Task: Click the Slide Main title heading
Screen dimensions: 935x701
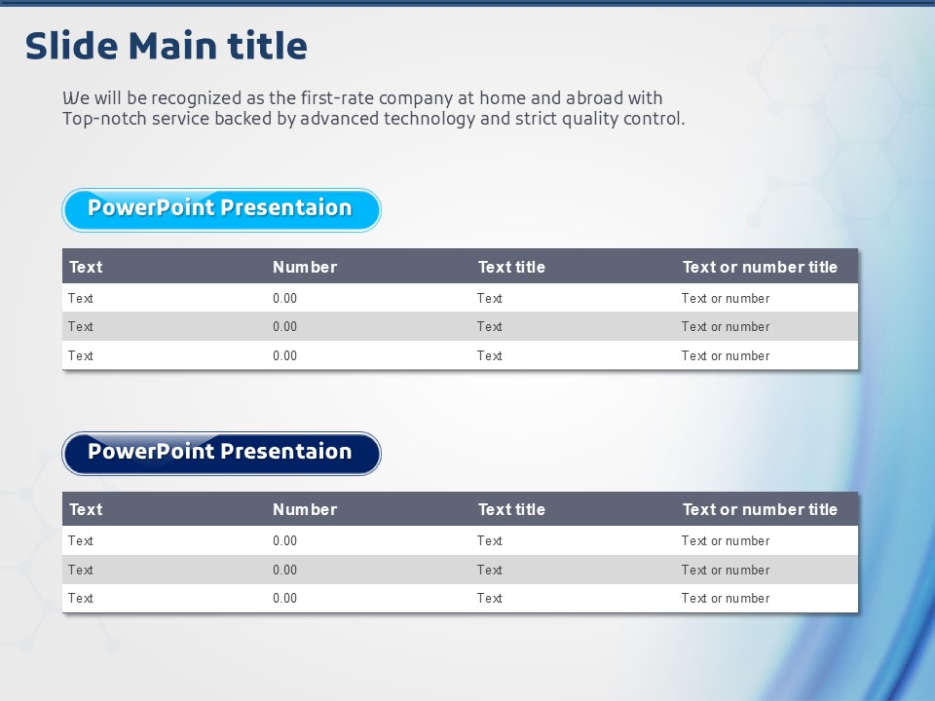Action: click(x=167, y=46)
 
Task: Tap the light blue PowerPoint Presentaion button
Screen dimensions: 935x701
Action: click(x=221, y=210)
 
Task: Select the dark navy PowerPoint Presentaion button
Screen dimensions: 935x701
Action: click(x=221, y=454)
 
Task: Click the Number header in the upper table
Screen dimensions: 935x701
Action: click(x=305, y=267)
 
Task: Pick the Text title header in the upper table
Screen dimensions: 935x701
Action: click(x=511, y=267)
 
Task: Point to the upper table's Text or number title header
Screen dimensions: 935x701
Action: click(x=760, y=267)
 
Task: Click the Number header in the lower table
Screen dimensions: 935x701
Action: click(x=305, y=509)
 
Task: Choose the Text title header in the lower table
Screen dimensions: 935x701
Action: click(x=511, y=509)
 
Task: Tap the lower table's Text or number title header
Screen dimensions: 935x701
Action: click(x=760, y=509)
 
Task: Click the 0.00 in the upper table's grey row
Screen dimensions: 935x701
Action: click(x=285, y=327)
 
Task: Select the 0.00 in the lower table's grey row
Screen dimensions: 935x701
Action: click(x=285, y=570)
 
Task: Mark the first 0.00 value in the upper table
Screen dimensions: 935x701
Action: click(x=285, y=298)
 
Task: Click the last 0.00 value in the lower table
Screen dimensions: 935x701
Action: click(x=285, y=598)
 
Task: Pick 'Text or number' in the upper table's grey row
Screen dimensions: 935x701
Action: click(x=725, y=327)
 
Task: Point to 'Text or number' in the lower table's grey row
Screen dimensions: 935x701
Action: click(x=725, y=570)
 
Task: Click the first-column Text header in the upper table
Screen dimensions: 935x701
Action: click(x=86, y=267)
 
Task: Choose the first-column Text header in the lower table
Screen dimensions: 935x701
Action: click(x=86, y=509)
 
